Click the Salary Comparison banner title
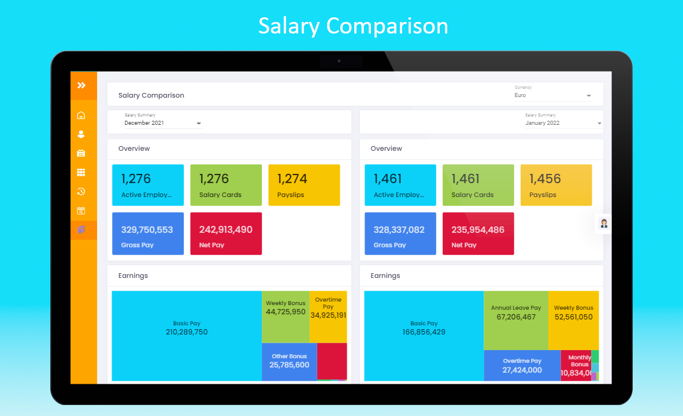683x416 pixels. tap(352, 26)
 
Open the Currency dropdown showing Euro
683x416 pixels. tap(553, 95)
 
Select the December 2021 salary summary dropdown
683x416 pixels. tap(163, 123)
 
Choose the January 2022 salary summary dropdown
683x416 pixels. tap(563, 123)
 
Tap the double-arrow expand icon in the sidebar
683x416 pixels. tap(81, 86)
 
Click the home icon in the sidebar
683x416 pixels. tap(81, 115)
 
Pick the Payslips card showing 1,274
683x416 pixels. tap(304, 185)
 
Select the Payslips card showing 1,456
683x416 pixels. tap(556, 185)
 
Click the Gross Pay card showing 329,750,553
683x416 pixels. tap(147, 233)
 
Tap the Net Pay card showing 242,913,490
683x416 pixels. tap(226, 233)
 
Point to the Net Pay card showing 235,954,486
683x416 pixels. tap(478, 233)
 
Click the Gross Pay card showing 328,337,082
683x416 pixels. tap(399, 233)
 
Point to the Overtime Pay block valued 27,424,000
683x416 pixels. tap(522, 366)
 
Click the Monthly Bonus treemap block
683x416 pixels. tap(577, 365)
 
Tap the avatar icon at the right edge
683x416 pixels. tap(604, 224)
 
